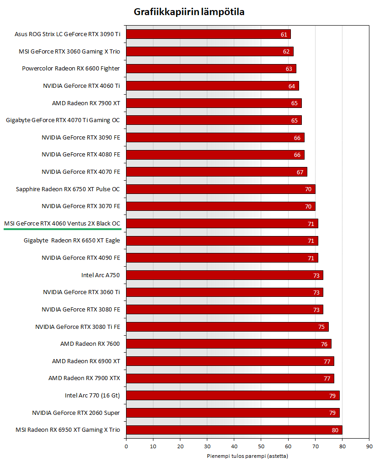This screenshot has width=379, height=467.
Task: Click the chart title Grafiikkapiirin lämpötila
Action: (189, 12)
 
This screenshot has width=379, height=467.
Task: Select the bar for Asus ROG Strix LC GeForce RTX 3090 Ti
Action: (208, 34)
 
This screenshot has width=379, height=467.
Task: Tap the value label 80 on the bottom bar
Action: (335, 430)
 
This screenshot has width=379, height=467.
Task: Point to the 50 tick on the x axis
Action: (261, 446)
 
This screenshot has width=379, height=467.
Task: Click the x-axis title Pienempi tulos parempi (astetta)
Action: (247, 456)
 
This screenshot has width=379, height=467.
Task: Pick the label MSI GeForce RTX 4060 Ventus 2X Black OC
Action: (62, 223)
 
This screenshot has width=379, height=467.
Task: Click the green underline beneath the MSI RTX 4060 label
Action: (62, 228)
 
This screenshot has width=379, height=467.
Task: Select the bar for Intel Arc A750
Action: (224, 275)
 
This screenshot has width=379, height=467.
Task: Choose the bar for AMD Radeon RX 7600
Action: (228, 344)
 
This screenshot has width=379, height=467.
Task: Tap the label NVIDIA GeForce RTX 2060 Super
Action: (76, 413)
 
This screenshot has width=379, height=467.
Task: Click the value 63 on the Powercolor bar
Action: (289, 69)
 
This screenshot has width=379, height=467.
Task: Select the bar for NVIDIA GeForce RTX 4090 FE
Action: (221, 258)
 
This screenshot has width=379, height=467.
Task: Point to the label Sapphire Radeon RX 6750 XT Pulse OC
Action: (68, 189)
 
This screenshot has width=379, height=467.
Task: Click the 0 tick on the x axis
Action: (126, 446)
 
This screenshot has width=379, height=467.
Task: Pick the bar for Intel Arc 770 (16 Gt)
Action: (232, 395)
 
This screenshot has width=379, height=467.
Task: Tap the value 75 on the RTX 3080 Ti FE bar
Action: (321, 327)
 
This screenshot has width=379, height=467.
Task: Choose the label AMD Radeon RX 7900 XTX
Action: (84, 378)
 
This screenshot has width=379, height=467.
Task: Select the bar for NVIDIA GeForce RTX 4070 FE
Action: (216, 172)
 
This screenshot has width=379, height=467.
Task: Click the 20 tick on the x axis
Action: (180, 446)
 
